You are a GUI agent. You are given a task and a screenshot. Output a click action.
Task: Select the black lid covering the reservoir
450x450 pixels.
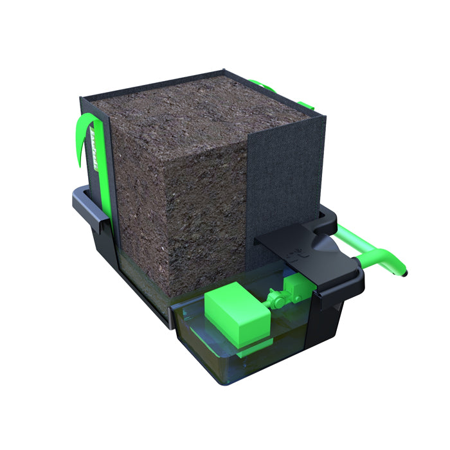(302, 248)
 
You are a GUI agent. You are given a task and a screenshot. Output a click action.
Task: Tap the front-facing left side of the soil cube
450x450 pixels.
(138, 212)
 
